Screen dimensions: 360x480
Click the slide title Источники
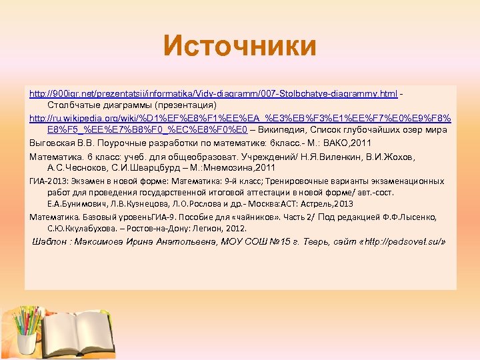(240, 46)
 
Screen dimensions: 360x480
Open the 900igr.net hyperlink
(213, 93)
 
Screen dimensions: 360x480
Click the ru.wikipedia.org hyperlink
(240, 118)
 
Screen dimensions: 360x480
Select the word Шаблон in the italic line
(51, 242)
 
